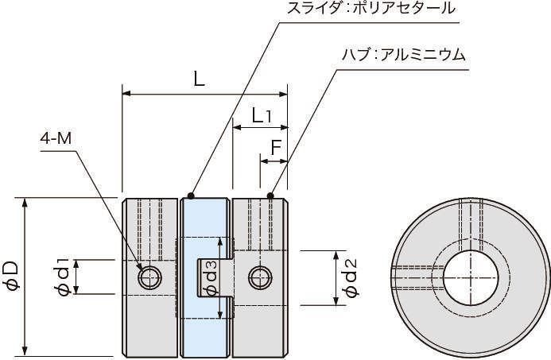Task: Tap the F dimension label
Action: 275,147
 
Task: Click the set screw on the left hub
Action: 149,277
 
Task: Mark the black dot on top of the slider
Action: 191,195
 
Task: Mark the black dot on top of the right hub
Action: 270,195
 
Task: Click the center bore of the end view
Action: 471,278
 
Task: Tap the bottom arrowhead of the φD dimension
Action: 27,350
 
